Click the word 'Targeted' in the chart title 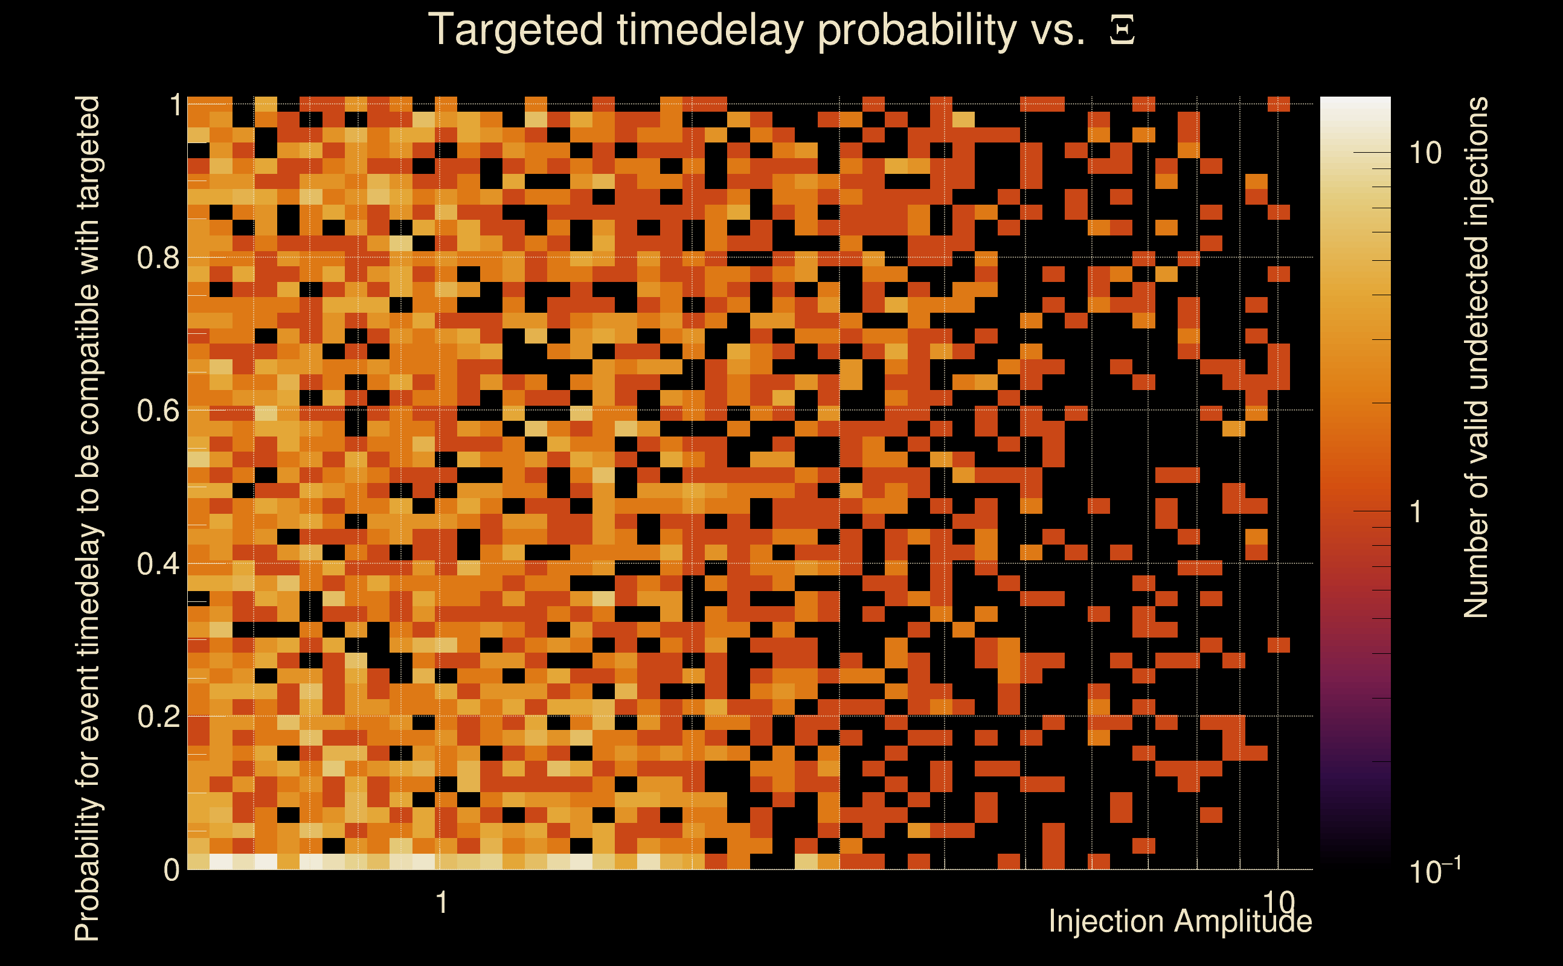point(515,31)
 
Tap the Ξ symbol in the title point(1122,31)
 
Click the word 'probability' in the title point(917,31)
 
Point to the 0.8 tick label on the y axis point(158,258)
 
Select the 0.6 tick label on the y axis point(158,410)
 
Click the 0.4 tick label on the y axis point(158,563)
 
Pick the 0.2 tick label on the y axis point(158,716)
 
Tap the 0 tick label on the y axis point(172,869)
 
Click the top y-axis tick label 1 point(175,105)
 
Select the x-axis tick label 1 point(441,903)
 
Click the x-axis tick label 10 point(1278,903)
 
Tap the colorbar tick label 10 point(1425,153)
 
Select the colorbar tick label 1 point(1416,512)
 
